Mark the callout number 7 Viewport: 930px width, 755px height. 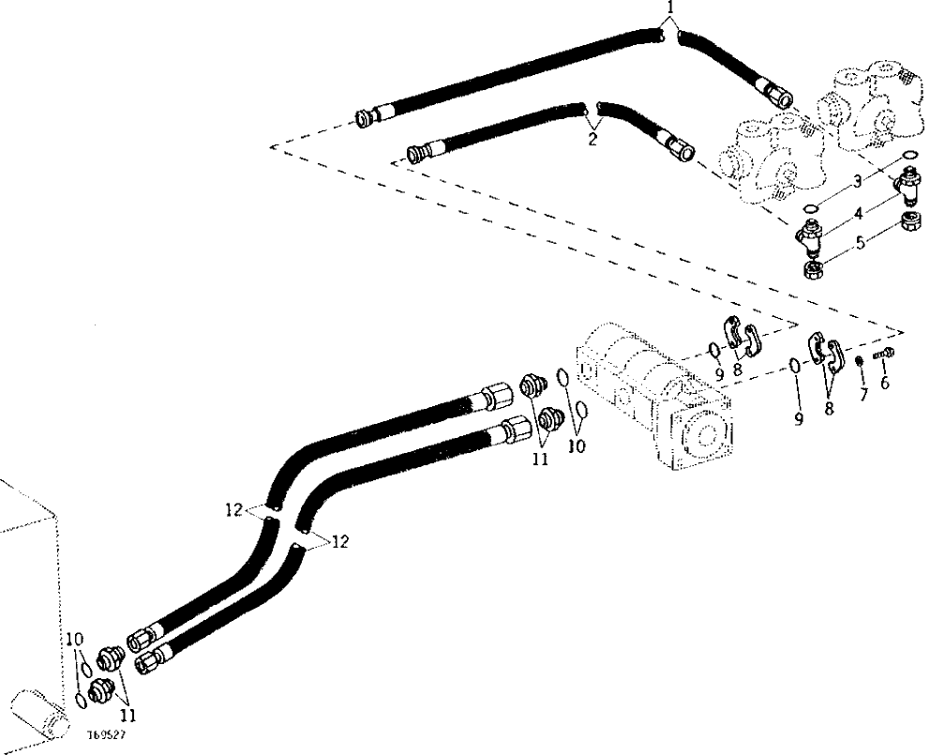pyautogui.click(x=862, y=395)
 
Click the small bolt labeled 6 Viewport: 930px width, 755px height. pyautogui.click(x=884, y=354)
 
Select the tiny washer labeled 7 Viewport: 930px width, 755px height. pyautogui.click(x=859, y=360)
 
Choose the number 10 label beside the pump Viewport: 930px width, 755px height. pyautogui.click(x=576, y=446)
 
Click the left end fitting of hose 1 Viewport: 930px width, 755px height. pyautogui.click(x=366, y=117)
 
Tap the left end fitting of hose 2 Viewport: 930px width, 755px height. pyautogui.click(x=418, y=150)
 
